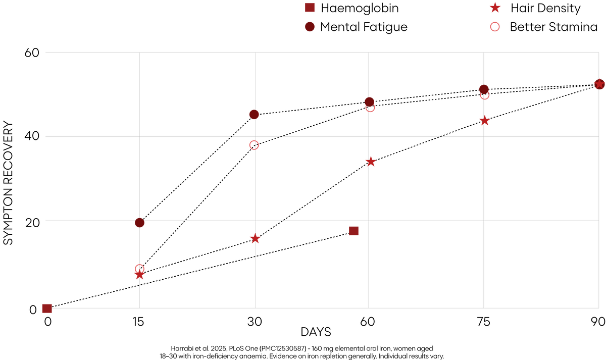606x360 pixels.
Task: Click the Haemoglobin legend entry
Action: coord(351,8)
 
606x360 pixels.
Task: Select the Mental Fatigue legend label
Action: coord(364,27)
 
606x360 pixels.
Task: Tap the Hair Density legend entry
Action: coord(535,8)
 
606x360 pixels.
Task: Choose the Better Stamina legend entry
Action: coord(544,27)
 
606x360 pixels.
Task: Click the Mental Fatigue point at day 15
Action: coord(139,223)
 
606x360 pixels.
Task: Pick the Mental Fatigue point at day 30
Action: coord(254,115)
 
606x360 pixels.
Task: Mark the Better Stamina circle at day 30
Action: coord(254,145)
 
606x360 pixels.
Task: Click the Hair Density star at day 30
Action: coord(255,238)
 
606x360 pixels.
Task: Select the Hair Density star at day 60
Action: coord(371,162)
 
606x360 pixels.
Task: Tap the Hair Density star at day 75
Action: coord(484,121)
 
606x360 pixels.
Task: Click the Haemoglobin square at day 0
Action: coord(47,308)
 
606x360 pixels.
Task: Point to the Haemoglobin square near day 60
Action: coord(353,231)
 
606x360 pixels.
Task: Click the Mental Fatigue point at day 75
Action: coord(484,89)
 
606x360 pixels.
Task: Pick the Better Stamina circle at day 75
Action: coord(484,95)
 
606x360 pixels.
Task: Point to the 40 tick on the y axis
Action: coord(32,136)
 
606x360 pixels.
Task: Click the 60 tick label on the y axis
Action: coord(32,53)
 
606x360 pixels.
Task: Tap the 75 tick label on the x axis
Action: coord(483,322)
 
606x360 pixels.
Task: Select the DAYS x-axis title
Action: coord(316,332)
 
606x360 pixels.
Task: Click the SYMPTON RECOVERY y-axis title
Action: coord(8,183)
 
